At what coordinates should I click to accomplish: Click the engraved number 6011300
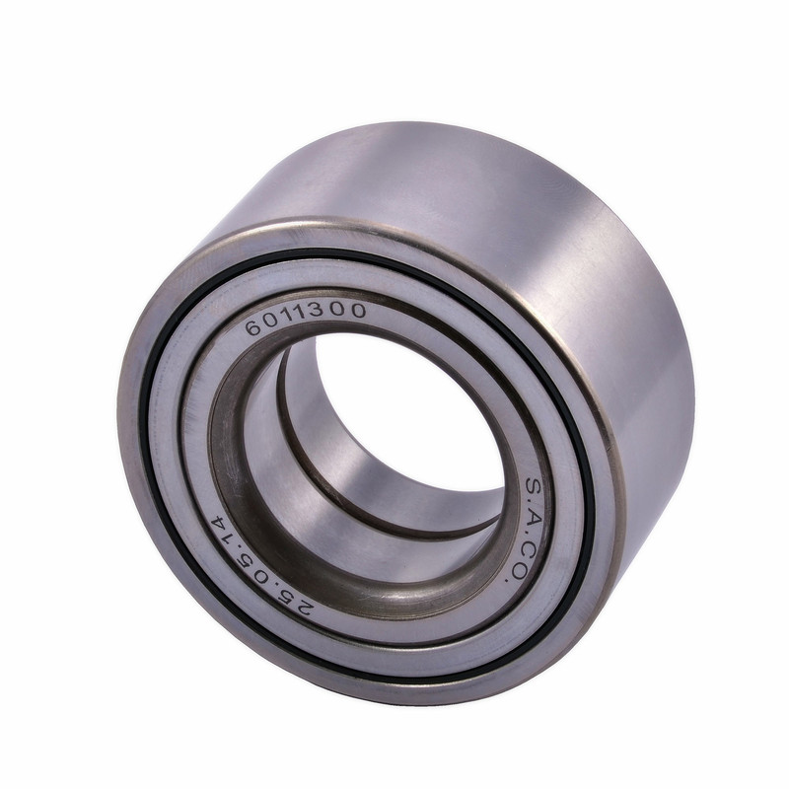pos(306,318)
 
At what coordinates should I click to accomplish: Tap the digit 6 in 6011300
pos(253,327)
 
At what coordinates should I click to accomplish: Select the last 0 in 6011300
pos(358,310)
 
